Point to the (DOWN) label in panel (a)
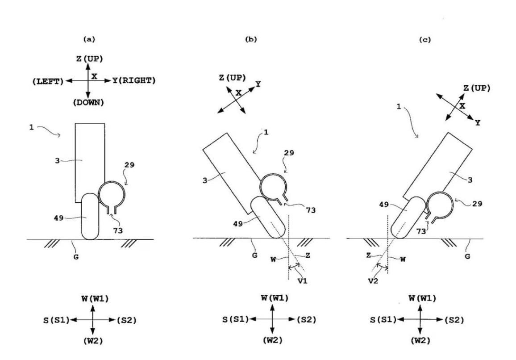(88, 102)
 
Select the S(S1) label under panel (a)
(54, 320)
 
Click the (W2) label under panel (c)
(420, 341)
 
